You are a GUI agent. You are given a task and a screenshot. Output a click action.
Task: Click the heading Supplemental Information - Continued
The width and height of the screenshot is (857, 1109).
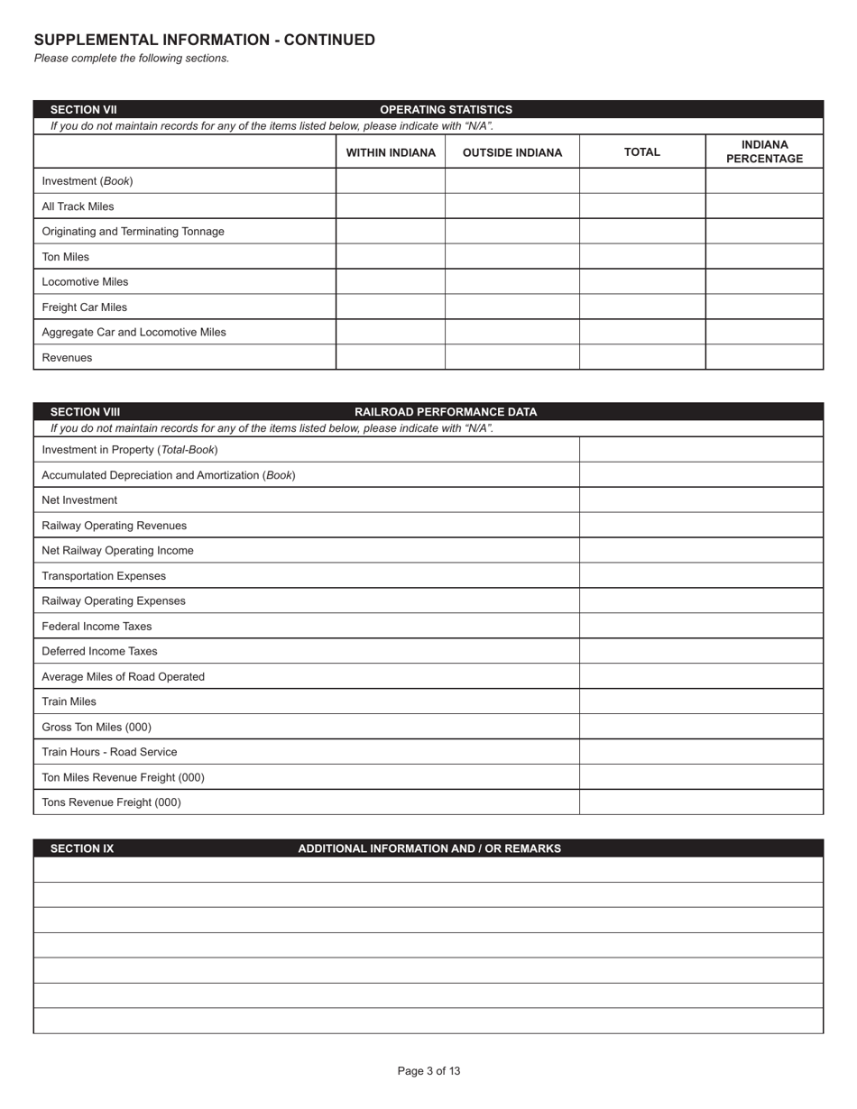(x=204, y=40)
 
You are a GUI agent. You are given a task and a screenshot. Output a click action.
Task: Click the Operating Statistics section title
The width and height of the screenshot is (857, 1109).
(x=446, y=109)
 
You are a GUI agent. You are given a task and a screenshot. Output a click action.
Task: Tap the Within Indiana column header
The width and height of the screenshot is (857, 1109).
(x=391, y=152)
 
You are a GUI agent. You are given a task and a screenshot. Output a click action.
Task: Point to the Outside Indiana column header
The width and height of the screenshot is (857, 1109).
(x=511, y=152)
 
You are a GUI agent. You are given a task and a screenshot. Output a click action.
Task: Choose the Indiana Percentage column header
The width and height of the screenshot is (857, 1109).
(x=764, y=151)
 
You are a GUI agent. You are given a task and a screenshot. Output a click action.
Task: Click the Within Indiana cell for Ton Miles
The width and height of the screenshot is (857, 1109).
(x=391, y=256)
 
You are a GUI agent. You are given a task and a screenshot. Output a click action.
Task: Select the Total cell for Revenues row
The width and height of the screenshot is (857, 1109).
(x=641, y=357)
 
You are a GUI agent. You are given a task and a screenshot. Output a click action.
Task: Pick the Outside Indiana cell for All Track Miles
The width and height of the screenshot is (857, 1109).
(x=511, y=206)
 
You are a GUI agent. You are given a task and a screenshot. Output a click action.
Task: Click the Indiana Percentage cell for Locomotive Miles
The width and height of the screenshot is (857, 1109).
(x=764, y=281)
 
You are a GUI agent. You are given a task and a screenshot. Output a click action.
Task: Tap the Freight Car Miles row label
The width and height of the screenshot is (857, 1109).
(x=85, y=307)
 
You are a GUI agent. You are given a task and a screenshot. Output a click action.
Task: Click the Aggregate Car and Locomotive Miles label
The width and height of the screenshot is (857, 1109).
(x=134, y=332)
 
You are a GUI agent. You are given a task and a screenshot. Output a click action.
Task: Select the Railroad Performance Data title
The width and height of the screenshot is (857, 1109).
(x=446, y=412)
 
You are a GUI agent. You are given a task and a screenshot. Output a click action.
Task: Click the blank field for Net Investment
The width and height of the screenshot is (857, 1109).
(x=701, y=500)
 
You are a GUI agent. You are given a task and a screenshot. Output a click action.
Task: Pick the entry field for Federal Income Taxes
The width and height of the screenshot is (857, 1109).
(x=701, y=626)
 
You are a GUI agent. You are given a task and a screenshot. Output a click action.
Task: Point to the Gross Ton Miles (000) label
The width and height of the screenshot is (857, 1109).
(x=97, y=727)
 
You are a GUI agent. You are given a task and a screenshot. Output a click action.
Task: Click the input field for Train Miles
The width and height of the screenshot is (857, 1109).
(x=701, y=701)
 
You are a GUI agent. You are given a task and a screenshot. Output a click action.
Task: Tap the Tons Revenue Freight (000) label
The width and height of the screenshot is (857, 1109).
(x=111, y=802)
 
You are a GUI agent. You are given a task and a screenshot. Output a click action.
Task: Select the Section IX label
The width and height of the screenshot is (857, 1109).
(x=82, y=848)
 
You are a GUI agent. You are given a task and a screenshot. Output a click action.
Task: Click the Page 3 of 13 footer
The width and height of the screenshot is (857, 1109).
(x=428, y=1071)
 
